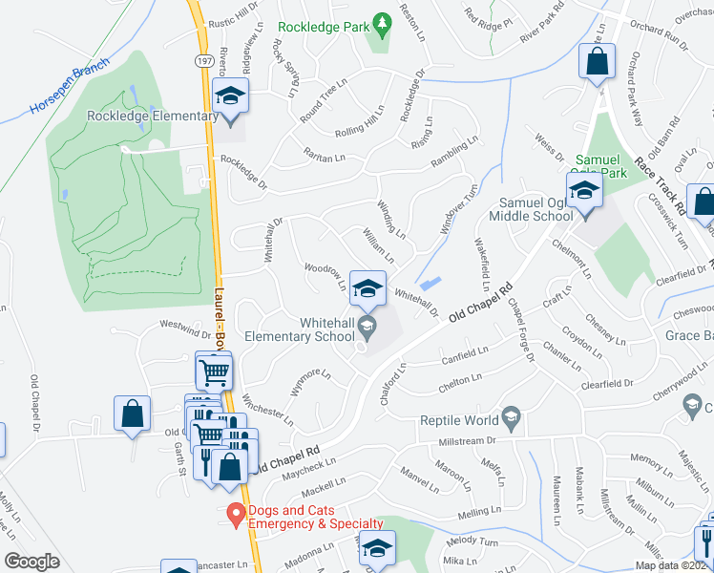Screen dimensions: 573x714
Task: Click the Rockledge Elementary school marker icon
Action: pos(229,96)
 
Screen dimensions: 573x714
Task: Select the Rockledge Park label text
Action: pos(324,28)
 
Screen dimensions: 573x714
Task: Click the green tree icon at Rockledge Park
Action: pos(381,22)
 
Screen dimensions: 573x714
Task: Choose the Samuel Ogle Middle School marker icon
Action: pos(583,191)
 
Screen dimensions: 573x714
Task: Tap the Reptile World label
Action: pos(460,420)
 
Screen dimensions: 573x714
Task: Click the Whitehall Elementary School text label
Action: pos(300,329)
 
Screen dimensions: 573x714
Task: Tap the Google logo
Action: pos(31,561)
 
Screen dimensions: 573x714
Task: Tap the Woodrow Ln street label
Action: pos(325,276)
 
